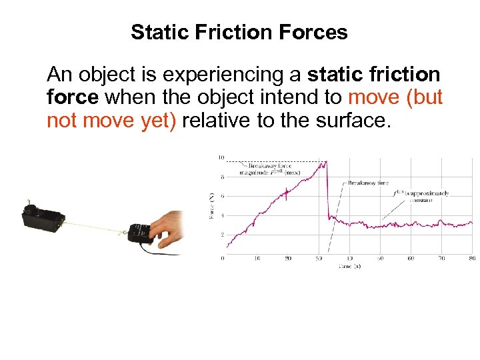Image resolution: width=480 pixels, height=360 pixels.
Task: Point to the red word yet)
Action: click(x=157, y=122)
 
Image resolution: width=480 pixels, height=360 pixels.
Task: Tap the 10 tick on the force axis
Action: click(x=221, y=158)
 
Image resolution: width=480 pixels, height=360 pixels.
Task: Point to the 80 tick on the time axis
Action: click(x=472, y=258)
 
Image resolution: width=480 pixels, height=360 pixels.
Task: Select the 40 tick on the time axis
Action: click(x=349, y=258)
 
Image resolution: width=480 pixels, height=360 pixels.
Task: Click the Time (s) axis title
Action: click(x=347, y=265)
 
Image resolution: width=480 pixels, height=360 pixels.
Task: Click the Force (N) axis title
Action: click(x=212, y=207)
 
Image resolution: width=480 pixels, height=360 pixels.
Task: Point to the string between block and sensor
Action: click(x=93, y=227)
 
